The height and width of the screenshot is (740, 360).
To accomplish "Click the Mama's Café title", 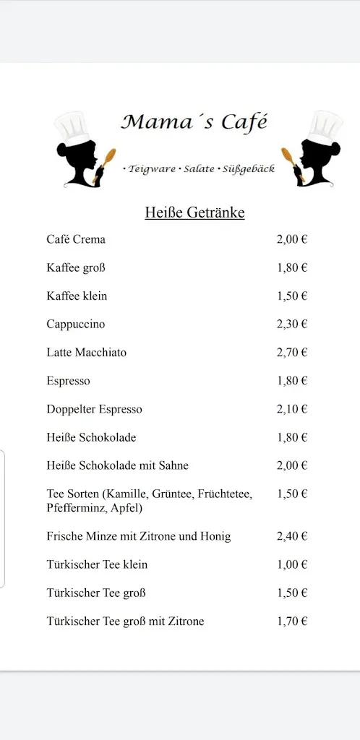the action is [x=194, y=122].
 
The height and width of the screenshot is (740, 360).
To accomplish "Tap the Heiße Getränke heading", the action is [x=194, y=212].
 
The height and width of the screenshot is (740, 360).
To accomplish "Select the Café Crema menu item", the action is [x=76, y=239].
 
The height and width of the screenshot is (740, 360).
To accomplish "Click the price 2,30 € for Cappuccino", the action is [x=292, y=324].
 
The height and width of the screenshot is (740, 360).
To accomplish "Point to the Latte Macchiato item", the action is [x=86, y=353].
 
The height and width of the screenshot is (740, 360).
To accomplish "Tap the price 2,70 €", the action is [x=292, y=353].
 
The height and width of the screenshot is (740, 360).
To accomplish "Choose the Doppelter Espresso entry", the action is [x=94, y=409].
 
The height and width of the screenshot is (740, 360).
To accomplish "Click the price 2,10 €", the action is [x=292, y=409].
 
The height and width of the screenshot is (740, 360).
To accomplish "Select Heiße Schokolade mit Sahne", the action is [x=117, y=465].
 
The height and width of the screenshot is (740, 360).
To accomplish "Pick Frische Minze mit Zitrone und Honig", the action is [x=138, y=536].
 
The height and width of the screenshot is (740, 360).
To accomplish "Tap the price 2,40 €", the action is [x=292, y=536].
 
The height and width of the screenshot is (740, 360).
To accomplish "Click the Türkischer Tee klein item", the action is [x=97, y=564].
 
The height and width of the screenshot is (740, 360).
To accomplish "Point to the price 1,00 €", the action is [x=292, y=564].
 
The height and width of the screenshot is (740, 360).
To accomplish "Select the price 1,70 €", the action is [x=292, y=621].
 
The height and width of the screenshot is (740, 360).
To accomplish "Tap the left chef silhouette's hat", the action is [x=73, y=127].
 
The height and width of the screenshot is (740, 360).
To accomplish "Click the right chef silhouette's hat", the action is [x=324, y=127].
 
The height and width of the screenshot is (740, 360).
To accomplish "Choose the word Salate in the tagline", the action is [x=199, y=168].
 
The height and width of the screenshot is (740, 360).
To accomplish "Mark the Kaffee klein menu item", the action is [x=77, y=296].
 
